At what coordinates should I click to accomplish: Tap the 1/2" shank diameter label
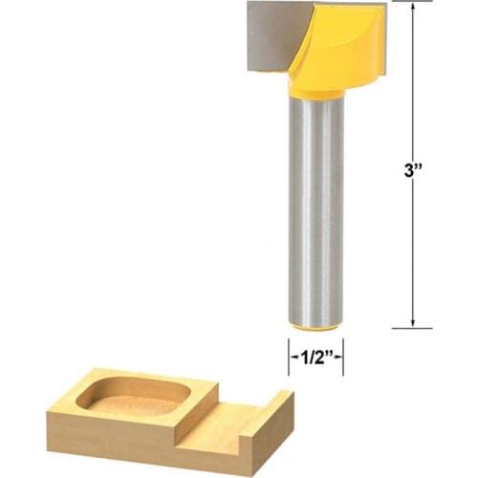(316, 358)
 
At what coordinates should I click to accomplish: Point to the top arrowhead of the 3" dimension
(413, 9)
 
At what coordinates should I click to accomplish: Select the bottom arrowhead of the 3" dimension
(413, 322)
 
